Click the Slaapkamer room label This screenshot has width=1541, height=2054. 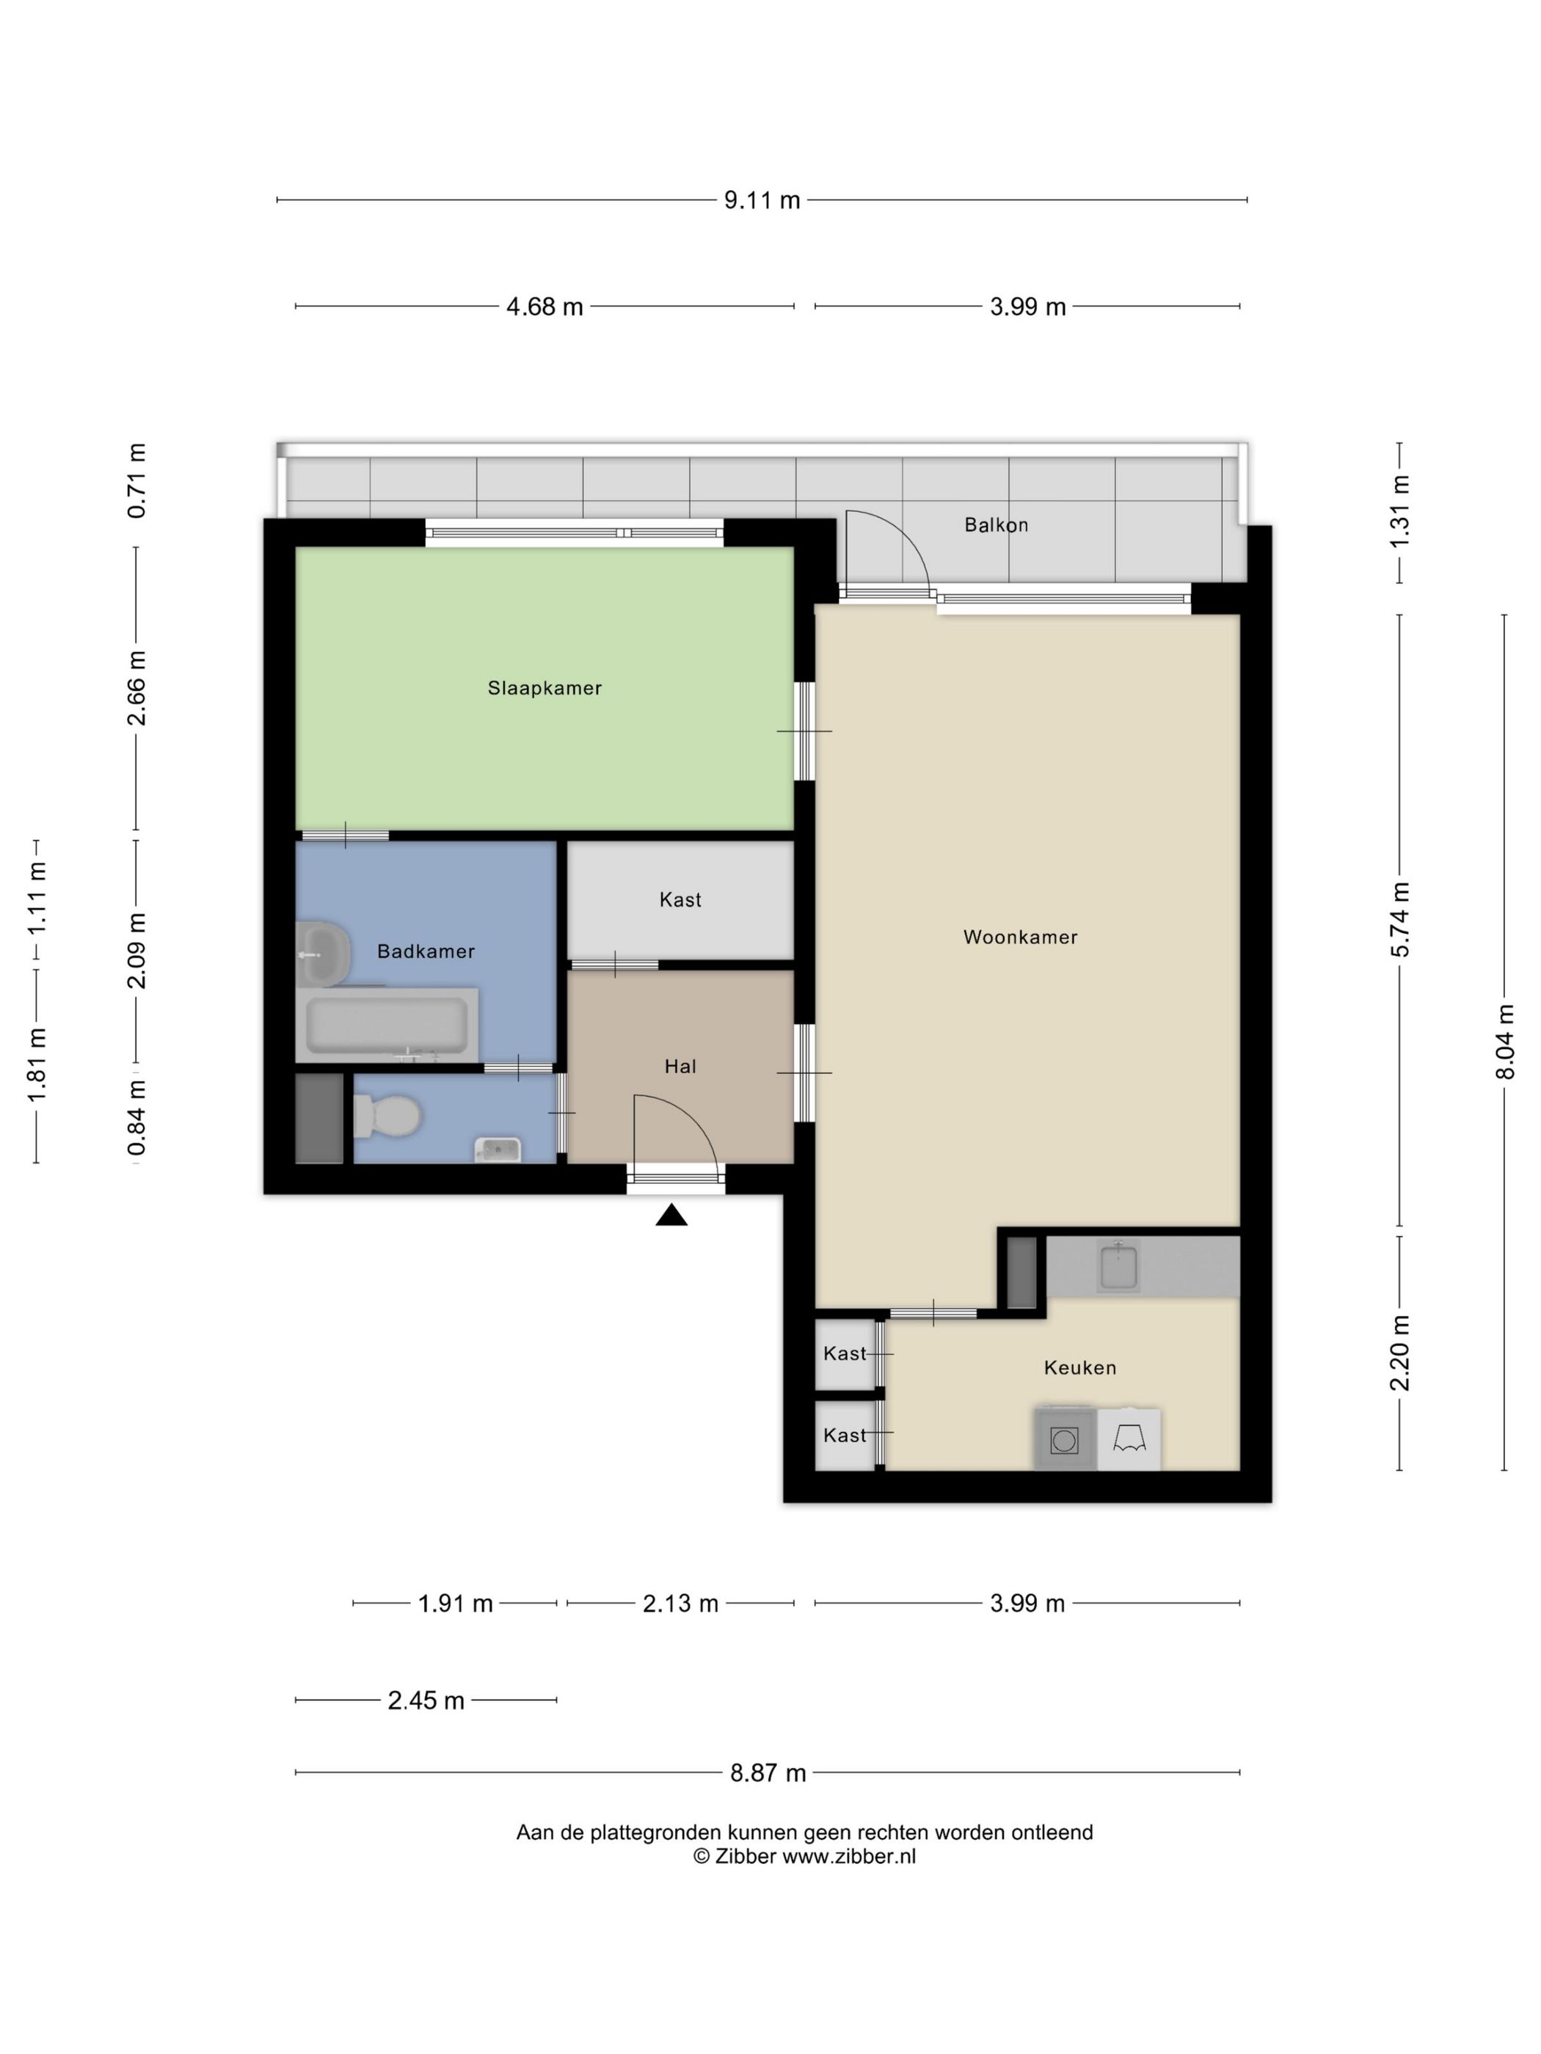click(x=544, y=688)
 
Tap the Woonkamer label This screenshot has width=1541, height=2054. click(x=1020, y=937)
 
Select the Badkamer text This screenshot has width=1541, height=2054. click(x=426, y=951)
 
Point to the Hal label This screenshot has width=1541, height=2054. click(x=680, y=1066)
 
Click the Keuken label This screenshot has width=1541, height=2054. click(x=1079, y=1367)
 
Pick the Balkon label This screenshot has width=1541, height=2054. click(x=996, y=525)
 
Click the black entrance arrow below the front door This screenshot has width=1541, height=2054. click(x=671, y=1215)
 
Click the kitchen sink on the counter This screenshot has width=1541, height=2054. click(x=1118, y=1265)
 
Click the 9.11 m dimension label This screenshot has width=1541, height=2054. click(x=762, y=200)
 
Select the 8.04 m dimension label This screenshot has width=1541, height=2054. click(x=1505, y=1042)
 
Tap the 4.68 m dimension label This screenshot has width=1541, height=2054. click(x=544, y=307)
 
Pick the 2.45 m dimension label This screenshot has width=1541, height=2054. click(x=426, y=1700)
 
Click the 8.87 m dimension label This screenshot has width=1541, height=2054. click(x=768, y=1772)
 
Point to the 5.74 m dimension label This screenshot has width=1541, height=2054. click(x=1401, y=919)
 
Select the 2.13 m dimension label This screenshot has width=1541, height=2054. click(x=680, y=1604)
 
